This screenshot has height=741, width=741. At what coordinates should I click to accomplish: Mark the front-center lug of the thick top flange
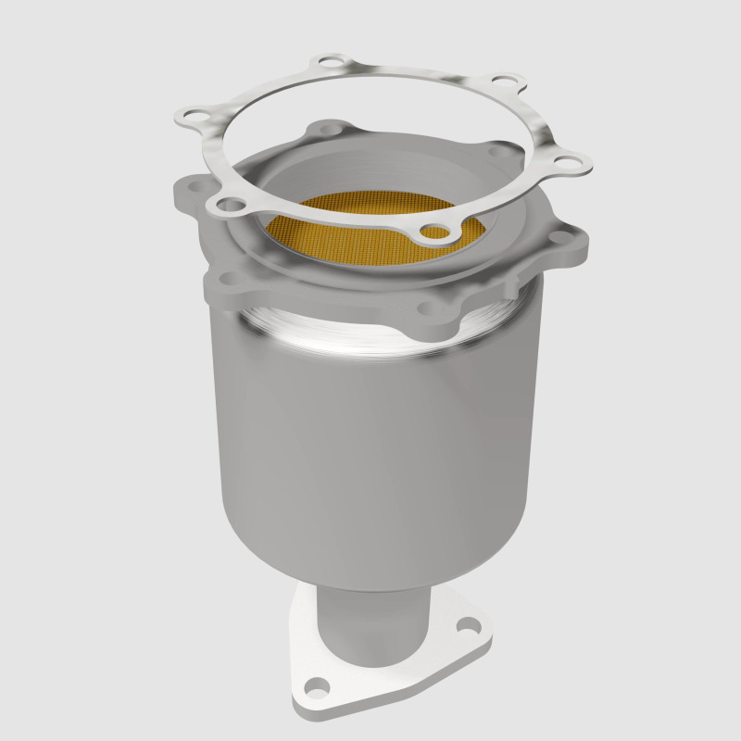coord(428,310)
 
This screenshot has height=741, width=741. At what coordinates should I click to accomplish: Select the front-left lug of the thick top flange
coord(227,278)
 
